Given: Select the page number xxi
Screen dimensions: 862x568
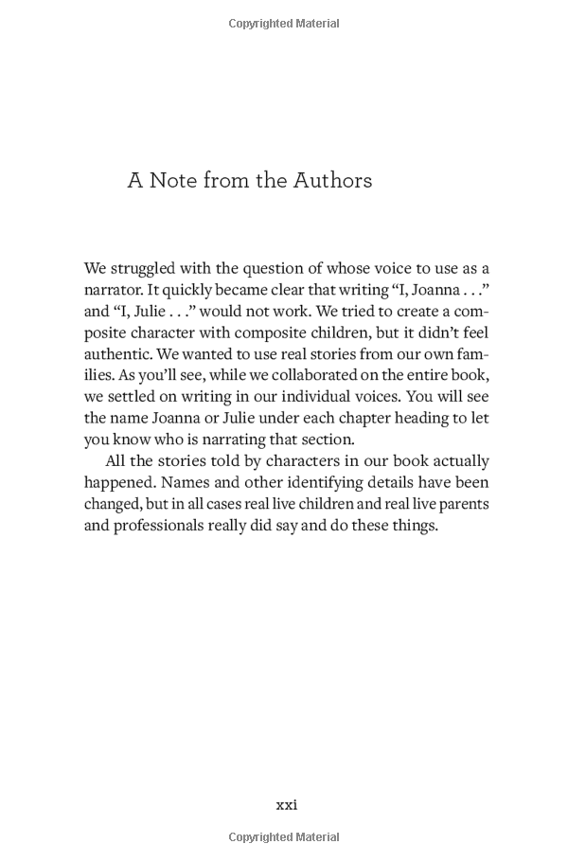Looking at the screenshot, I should click(x=286, y=804).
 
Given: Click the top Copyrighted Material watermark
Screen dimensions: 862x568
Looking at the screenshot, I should click(x=284, y=24).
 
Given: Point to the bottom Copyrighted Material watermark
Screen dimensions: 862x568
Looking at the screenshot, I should click(x=284, y=837).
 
